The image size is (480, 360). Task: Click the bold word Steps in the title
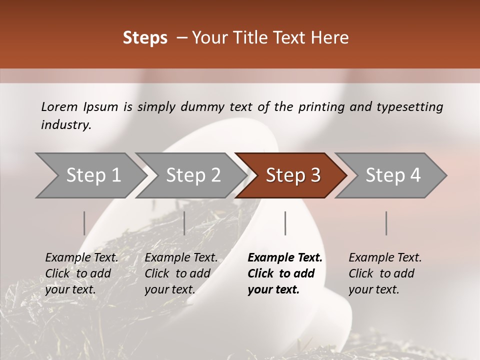coord(145,38)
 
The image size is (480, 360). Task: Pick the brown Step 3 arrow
coord(293,175)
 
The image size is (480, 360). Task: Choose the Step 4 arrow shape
coord(393,175)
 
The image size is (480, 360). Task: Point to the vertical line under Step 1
coord(84,223)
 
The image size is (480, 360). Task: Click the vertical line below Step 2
coord(184,223)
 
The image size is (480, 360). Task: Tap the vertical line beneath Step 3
coord(285,223)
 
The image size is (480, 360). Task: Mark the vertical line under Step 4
coord(386,223)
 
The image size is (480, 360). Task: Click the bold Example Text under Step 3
coord(285,258)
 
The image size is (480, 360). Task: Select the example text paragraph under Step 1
coord(81,273)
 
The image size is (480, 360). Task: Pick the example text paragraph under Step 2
coord(181,273)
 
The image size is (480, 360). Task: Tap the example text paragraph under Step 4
coord(385,273)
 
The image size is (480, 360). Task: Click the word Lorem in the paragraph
coord(60,107)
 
